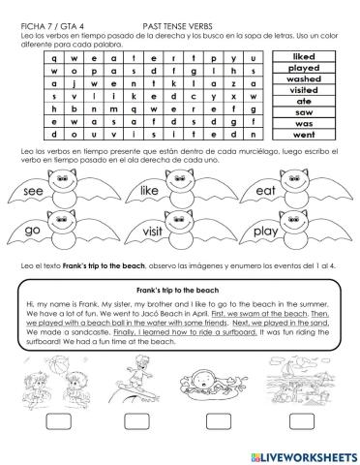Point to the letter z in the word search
236,84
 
